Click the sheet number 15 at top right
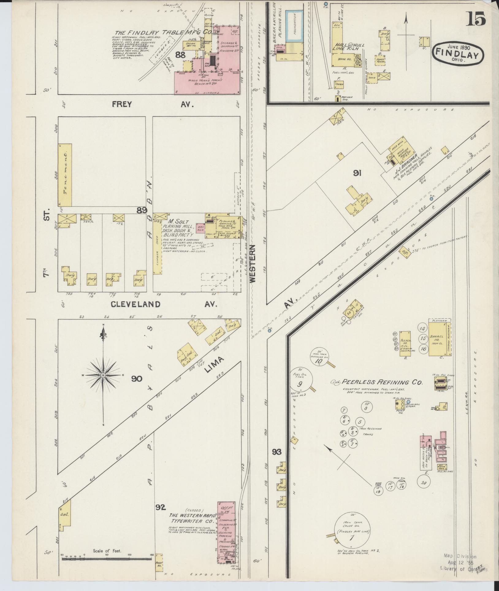pos(476,19)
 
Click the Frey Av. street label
pos(152,104)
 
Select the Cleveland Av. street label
pos(164,304)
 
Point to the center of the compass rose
pos(103,375)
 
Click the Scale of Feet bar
pos(107,559)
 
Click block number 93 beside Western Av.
pos(276,451)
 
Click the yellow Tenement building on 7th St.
pos(65,175)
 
